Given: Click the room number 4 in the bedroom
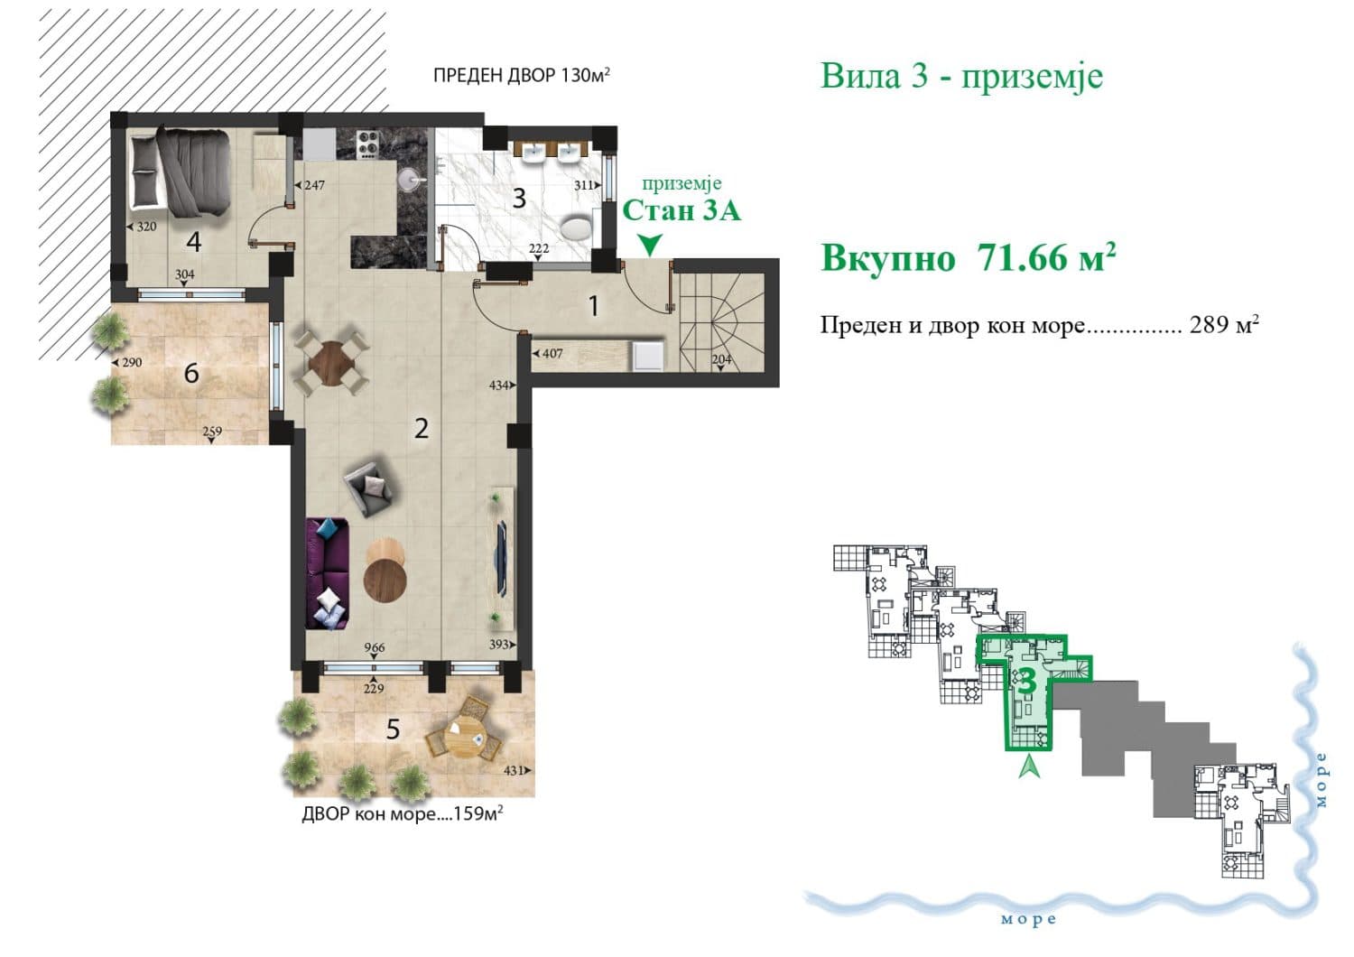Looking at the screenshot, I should (193, 242).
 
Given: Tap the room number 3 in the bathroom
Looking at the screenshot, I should (519, 198).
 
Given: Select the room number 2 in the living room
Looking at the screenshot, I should (421, 428).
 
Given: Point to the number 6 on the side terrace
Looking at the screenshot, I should (191, 372).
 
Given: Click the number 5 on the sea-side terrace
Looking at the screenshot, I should (393, 729).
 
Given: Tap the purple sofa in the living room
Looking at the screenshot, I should (327, 573).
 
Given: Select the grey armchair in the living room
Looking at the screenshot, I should (371, 488).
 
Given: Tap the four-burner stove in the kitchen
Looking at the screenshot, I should (368, 144).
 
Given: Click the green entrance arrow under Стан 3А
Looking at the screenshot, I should (650, 245).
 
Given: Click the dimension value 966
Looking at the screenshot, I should (374, 647).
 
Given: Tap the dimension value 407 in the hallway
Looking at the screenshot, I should (552, 353).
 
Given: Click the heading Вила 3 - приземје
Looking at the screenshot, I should (960, 75).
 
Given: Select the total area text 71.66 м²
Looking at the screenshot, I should (1046, 258).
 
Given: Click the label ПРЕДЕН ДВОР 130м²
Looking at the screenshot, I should (521, 75).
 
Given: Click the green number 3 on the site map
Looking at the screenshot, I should (1026, 682).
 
